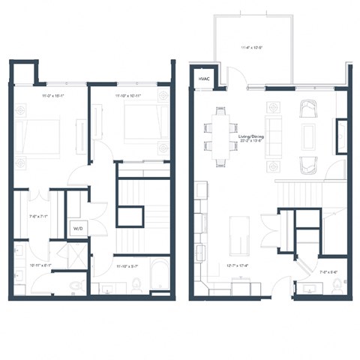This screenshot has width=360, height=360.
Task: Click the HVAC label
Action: click(203, 79)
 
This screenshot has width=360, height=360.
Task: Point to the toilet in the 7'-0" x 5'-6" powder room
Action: click(336, 284)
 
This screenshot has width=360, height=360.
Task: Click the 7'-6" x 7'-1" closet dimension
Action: click(37, 216)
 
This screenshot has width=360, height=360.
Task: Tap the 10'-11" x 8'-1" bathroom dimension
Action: click(40, 265)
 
